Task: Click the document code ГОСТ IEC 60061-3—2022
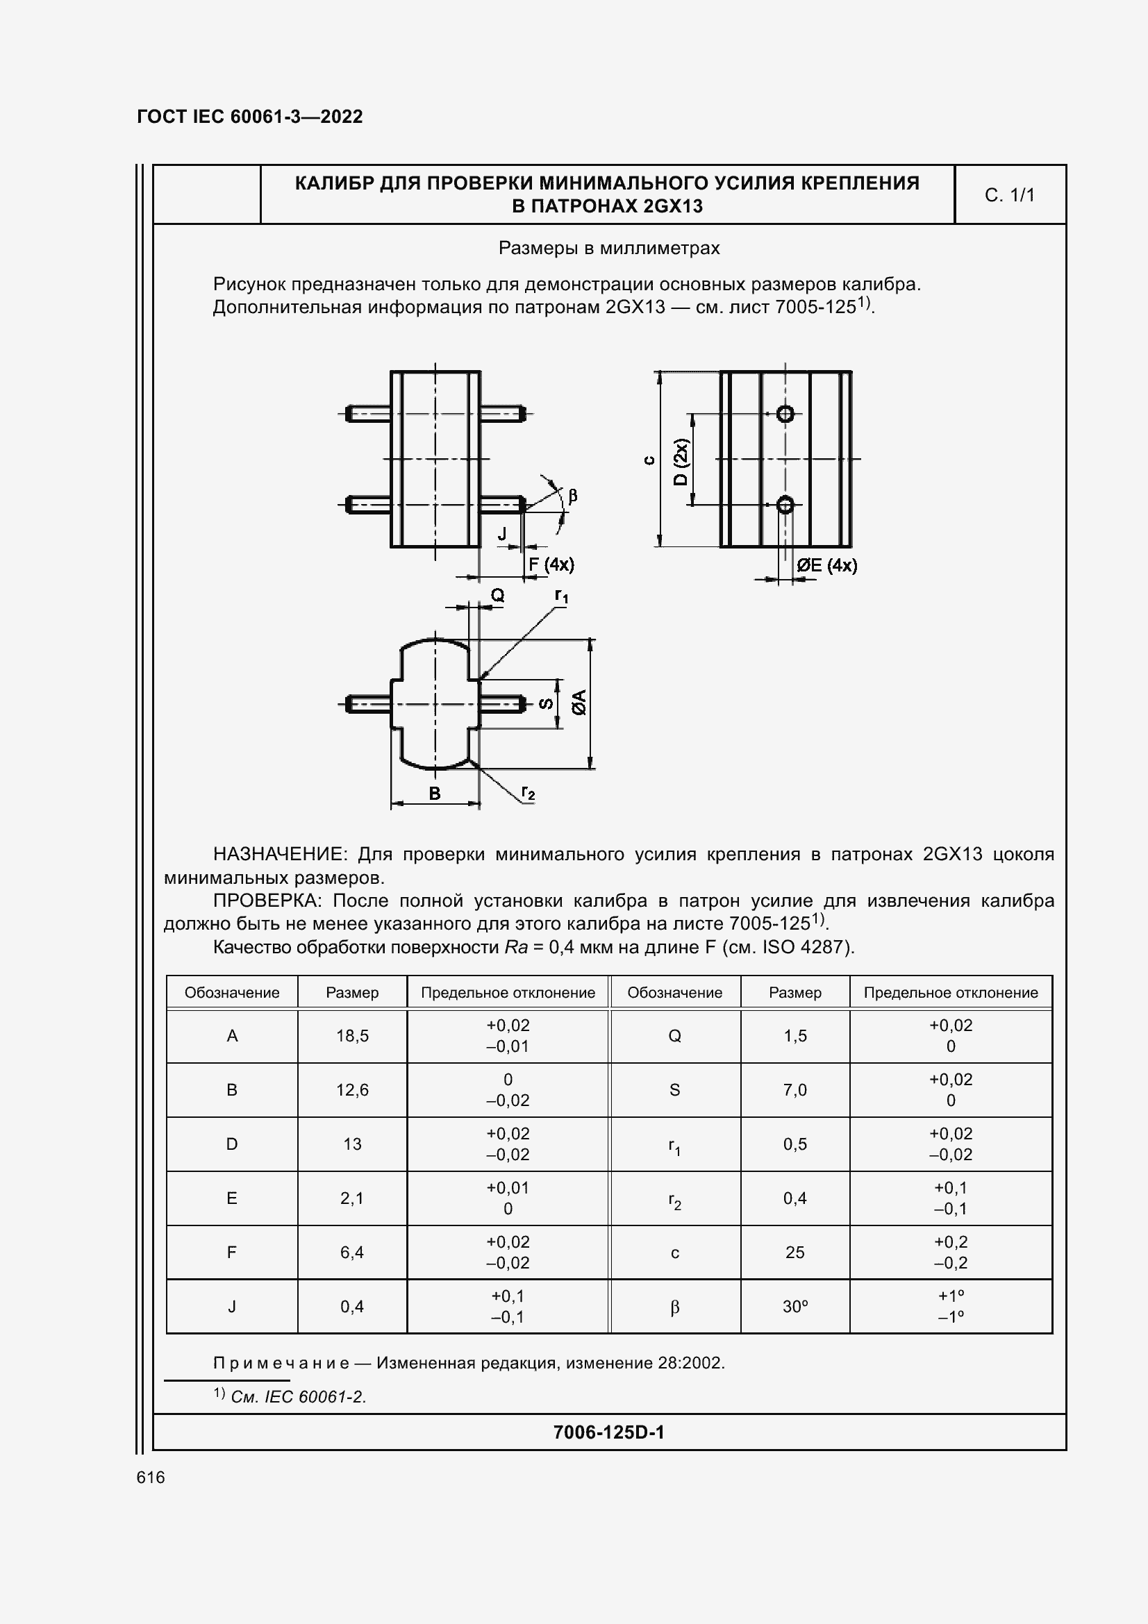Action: click(x=250, y=117)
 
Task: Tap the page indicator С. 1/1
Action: click(x=1009, y=194)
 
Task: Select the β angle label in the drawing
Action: click(x=573, y=495)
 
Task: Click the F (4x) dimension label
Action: click(x=551, y=564)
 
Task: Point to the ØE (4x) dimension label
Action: click(x=826, y=565)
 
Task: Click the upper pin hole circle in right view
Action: click(x=785, y=414)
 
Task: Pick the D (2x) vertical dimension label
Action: click(x=681, y=461)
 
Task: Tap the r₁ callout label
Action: click(x=561, y=596)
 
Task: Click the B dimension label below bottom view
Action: click(x=435, y=793)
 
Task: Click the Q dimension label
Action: click(x=498, y=596)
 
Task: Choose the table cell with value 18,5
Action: click(x=352, y=1035)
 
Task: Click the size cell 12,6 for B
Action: click(x=352, y=1090)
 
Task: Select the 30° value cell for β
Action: click(x=795, y=1307)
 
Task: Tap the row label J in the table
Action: click(x=232, y=1307)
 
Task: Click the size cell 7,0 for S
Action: click(x=795, y=1090)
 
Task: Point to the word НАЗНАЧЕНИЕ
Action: click(x=279, y=855)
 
